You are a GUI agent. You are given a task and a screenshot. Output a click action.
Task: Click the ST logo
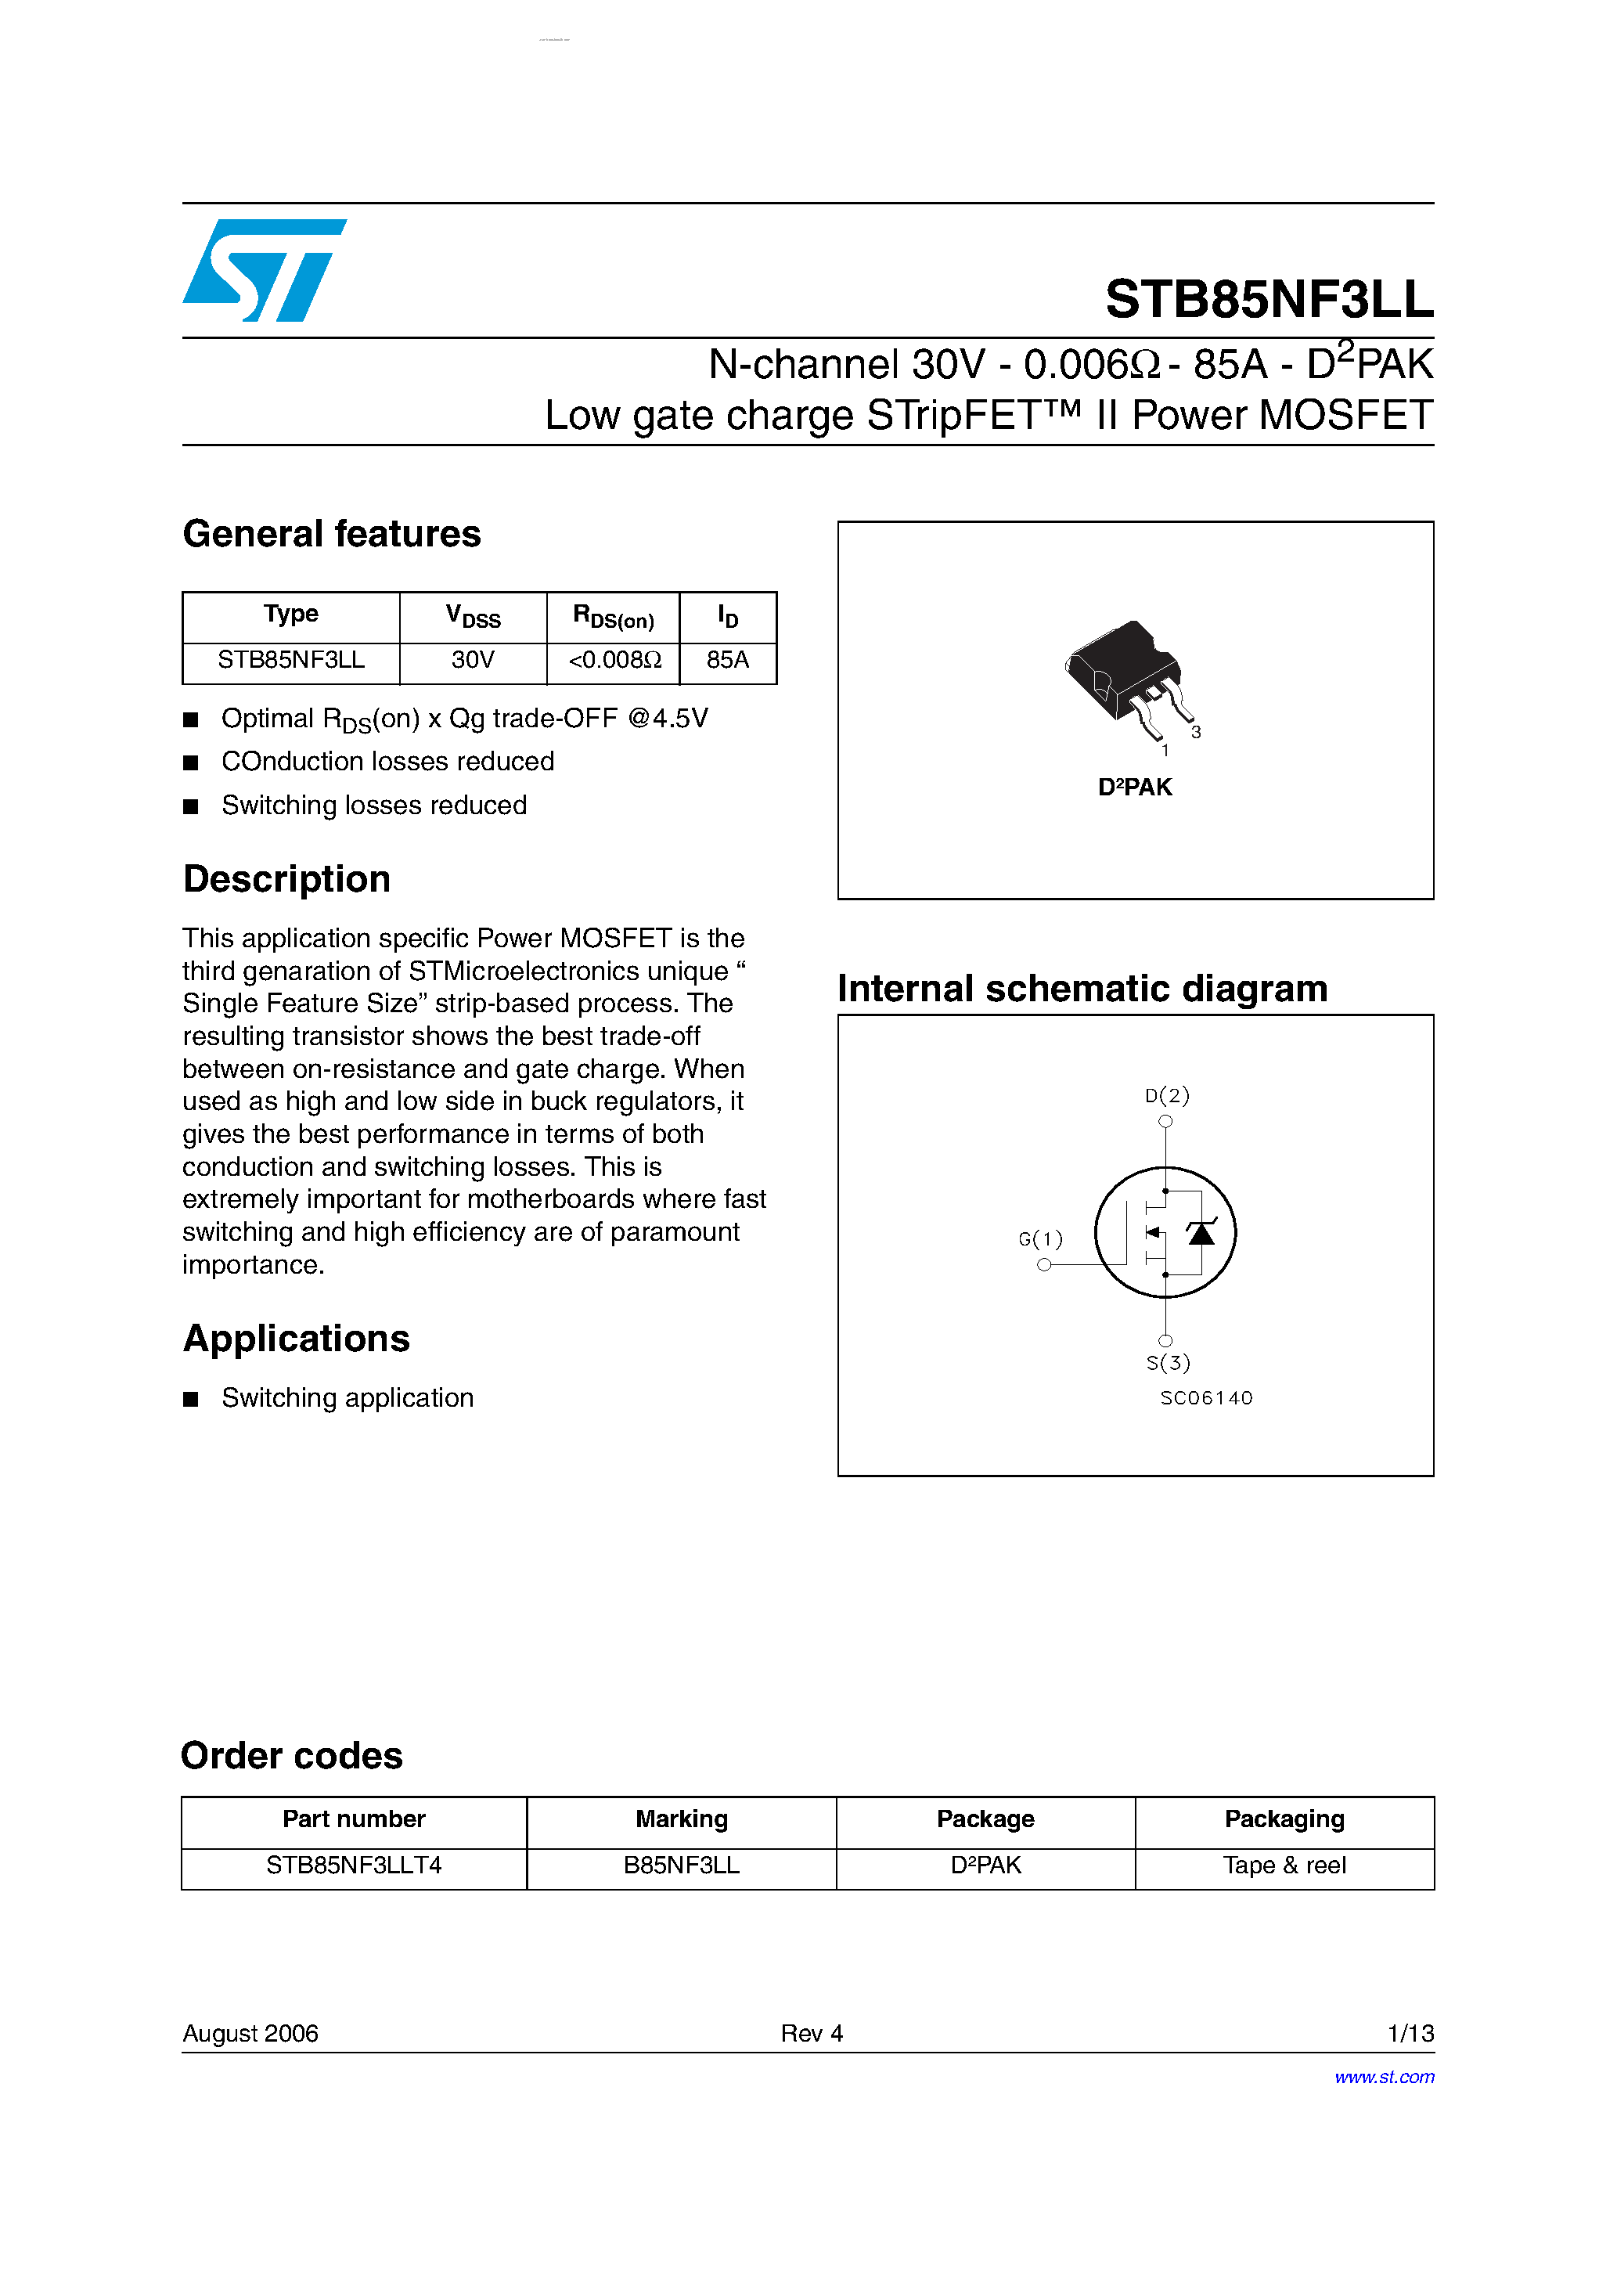265,270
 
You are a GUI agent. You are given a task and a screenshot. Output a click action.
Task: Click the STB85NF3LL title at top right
1268,299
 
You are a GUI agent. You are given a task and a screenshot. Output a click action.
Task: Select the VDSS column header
473,617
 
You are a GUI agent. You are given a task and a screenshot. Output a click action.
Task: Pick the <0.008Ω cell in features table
614,660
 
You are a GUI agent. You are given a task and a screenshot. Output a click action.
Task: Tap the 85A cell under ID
728,660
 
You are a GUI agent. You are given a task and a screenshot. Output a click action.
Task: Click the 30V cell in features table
473,660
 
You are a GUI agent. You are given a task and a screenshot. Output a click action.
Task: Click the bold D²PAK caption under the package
1135,788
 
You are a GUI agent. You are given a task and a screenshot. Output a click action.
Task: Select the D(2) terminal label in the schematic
1166,1096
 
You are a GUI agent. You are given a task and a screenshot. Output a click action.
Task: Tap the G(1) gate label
1040,1239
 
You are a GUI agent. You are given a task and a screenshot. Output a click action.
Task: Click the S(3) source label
1168,1363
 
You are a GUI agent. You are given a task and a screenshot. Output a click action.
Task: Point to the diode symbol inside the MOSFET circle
1201,1233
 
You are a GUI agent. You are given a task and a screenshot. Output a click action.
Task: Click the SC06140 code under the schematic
1205,1397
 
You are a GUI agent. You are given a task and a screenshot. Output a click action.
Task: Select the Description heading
287,879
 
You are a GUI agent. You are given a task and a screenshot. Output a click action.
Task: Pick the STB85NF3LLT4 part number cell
354,1865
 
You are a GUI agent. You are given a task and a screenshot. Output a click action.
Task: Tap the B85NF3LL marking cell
681,1865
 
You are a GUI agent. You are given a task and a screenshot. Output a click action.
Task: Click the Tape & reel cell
1284,1865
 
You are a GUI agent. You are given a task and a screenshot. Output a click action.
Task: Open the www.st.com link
1384,2077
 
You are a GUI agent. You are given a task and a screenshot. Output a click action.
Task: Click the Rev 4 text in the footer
812,2033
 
